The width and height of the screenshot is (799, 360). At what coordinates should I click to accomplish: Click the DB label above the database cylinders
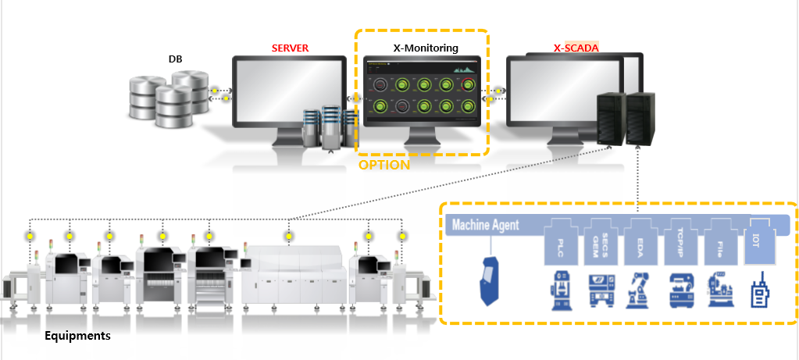(175, 59)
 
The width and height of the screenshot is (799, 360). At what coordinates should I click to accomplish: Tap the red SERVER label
(290, 48)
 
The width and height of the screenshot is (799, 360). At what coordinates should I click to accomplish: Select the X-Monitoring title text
(425, 48)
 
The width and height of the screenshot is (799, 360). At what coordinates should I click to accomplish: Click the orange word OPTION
(383, 166)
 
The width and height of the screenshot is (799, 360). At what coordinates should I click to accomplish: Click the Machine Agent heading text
(485, 226)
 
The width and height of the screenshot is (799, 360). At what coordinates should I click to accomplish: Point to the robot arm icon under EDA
(641, 288)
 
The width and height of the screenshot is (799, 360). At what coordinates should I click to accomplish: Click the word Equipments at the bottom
(77, 337)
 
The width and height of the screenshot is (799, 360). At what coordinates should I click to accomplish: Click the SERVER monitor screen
(289, 91)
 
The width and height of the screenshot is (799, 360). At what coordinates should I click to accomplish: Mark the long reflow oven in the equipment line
(296, 273)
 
